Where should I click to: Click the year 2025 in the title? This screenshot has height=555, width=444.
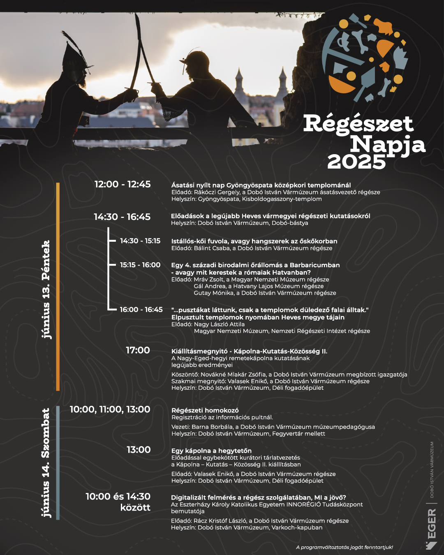[356, 162]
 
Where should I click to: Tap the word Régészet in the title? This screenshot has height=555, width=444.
[358, 124]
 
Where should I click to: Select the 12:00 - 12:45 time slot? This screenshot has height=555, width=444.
[123, 185]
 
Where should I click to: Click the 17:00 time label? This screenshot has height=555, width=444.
[138, 350]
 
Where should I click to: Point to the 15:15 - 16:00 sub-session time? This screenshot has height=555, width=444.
[140, 265]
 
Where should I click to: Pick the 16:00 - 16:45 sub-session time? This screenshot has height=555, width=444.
[141, 310]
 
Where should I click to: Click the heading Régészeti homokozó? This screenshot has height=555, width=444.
[205, 410]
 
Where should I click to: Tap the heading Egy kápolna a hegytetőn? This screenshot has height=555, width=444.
[211, 451]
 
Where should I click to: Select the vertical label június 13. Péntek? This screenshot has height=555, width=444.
[46, 289]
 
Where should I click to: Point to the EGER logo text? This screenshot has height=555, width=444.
[432, 524]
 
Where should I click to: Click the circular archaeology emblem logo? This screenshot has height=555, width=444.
[364, 58]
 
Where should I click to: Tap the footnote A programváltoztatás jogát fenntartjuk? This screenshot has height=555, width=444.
[345, 547]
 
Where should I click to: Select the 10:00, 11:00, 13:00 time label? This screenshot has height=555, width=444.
[110, 409]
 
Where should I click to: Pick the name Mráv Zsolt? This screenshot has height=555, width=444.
[209, 280]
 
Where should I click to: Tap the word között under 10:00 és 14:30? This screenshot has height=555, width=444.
[135, 508]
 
